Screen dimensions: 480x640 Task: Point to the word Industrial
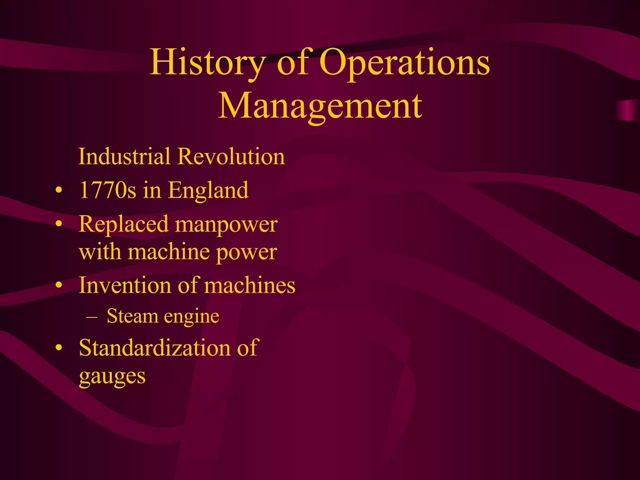pyautogui.click(x=124, y=156)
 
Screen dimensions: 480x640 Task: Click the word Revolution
pyautogui.click(x=231, y=156)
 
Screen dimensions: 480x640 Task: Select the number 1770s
pyautogui.click(x=107, y=190)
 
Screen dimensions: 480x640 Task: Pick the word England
pyautogui.click(x=208, y=190)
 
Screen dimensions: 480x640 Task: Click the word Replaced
pyautogui.click(x=124, y=224)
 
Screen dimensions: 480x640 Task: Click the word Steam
pyautogui.click(x=132, y=316)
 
